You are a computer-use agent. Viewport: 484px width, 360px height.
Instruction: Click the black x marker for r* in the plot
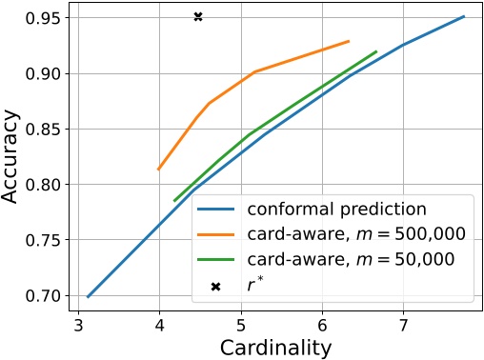[x=198, y=17]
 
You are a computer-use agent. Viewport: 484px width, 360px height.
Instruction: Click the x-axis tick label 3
[x=78, y=326]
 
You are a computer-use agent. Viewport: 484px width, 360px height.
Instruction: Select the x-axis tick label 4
[x=159, y=326]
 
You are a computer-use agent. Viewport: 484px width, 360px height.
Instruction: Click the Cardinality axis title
[x=275, y=347]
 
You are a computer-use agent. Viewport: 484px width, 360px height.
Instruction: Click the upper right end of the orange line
[x=350, y=41]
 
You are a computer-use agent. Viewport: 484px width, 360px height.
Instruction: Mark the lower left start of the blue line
[x=88, y=296]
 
